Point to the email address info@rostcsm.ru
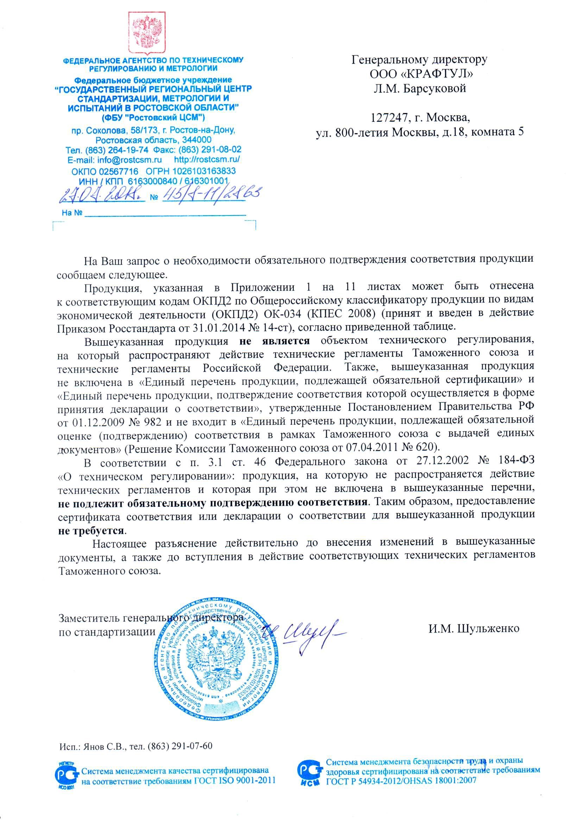pos(130,160)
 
